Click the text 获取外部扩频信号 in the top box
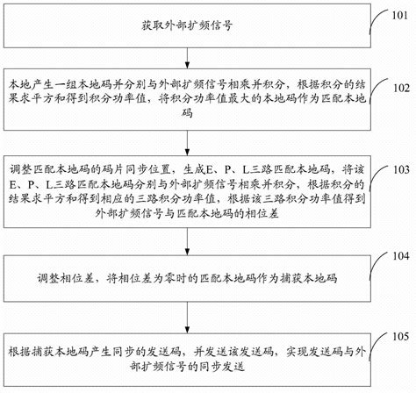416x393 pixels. (191, 25)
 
